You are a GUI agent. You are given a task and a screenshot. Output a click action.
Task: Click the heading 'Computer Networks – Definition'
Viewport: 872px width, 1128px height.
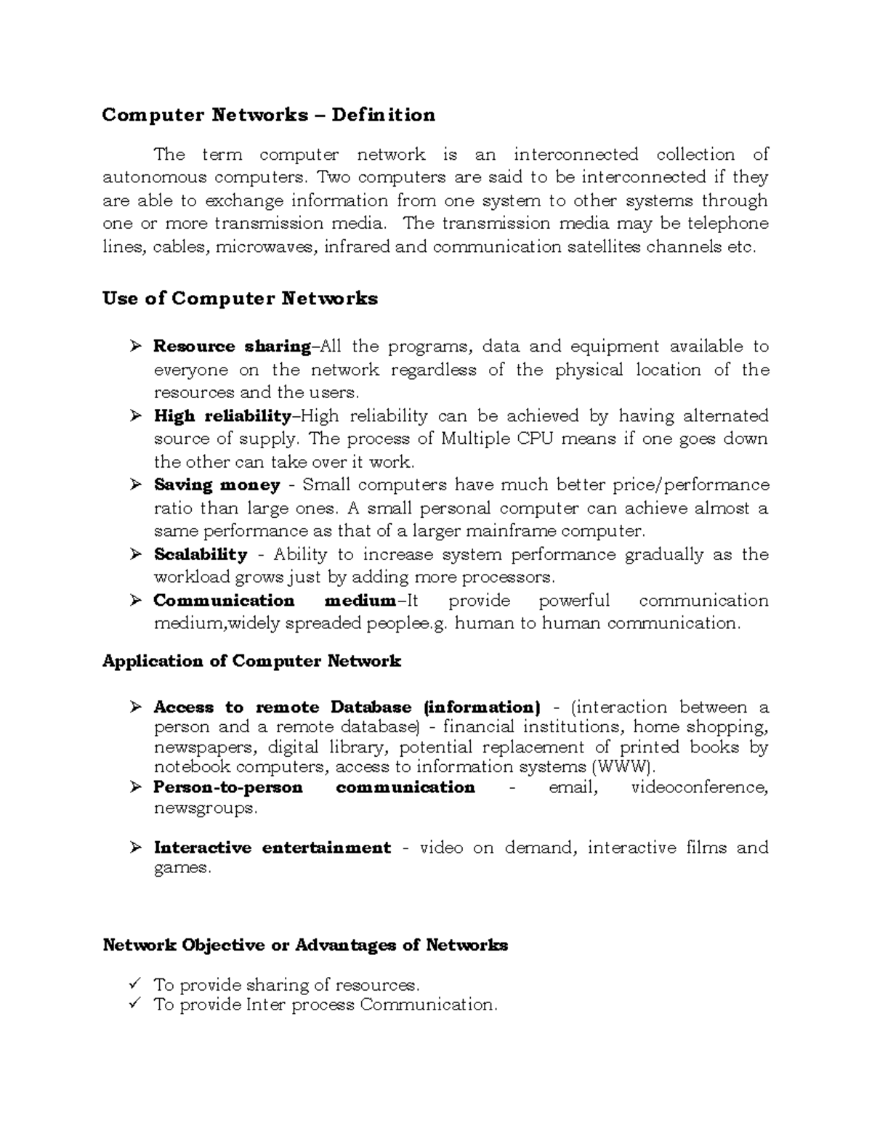click(268, 115)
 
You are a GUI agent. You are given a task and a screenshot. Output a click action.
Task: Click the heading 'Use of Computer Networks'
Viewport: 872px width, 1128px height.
click(240, 299)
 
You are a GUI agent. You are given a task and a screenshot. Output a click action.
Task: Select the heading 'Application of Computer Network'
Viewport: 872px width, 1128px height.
click(251, 661)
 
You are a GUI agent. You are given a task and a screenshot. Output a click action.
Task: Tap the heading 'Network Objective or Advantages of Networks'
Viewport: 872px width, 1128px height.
click(305, 945)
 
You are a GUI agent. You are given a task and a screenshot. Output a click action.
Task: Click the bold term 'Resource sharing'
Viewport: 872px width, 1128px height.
click(232, 346)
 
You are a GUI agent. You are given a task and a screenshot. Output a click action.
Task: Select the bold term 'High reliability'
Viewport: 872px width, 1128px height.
click(222, 416)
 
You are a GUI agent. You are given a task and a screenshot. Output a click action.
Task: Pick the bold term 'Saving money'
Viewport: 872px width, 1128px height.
click(217, 485)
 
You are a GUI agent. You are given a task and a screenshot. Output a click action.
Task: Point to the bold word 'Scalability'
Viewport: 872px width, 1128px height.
click(201, 555)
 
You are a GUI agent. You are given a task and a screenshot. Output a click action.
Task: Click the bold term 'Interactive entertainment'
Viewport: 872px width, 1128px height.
click(272, 848)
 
